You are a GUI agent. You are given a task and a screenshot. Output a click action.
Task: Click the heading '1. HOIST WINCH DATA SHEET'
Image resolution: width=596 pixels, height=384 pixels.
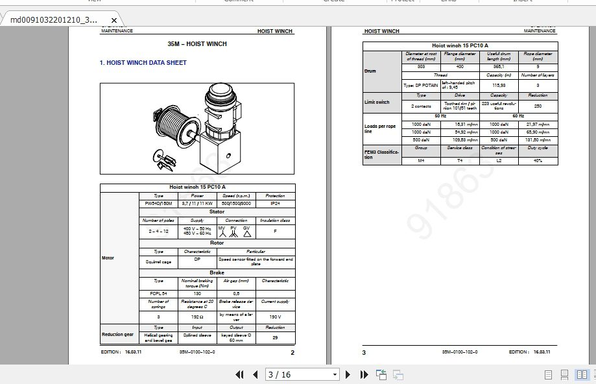point(143,63)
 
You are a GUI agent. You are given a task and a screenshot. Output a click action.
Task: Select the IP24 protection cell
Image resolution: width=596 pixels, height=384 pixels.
point(275,203)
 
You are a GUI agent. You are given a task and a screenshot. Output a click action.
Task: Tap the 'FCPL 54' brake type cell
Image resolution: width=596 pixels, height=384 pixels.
point(158,293)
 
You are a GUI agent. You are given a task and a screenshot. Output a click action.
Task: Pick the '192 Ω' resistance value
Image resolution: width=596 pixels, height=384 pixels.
point(197,317)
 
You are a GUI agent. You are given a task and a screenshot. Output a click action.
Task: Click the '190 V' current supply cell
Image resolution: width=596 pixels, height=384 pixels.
point(275,317)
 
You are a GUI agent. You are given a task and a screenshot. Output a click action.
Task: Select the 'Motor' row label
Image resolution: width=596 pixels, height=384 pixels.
point(108,258)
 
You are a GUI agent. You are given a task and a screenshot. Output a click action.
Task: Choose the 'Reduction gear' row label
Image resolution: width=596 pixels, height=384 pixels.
point(118,335)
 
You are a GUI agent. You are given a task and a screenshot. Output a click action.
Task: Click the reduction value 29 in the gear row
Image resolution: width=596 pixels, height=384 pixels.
point(275,337)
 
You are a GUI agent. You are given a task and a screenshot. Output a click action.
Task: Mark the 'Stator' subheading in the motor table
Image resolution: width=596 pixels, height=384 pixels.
point(217,211)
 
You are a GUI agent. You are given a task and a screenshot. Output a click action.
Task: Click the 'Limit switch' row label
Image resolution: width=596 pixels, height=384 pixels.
point(377,102)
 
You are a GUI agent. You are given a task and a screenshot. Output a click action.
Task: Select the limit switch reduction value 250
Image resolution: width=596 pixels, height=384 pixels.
point(538,106)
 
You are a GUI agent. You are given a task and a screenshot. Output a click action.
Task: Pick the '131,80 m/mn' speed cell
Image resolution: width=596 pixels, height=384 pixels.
point(538,139)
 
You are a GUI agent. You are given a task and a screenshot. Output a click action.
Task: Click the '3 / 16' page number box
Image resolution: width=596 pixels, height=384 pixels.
point(302,374)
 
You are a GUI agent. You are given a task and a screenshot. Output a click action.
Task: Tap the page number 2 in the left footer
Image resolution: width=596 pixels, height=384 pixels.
point(292,352)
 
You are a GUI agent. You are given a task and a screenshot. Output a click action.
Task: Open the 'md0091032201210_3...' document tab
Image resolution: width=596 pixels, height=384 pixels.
point(54,19)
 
